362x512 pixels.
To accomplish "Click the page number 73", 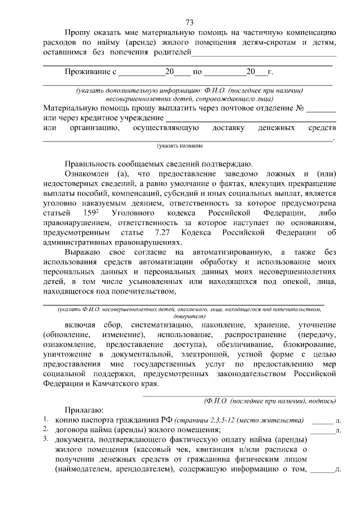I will [x=189, y=23].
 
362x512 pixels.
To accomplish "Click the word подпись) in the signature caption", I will [x=321, y=401].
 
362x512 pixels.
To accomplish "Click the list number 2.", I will [x=46, y=430].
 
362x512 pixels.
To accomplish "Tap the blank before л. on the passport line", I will [x=322, y=420].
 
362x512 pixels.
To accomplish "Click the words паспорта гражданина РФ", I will [x=126, y=420].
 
